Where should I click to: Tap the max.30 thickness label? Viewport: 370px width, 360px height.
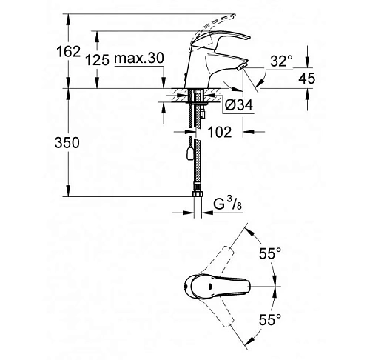(x=139, y=59)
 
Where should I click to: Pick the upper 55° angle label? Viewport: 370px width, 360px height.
(x=269, y=253)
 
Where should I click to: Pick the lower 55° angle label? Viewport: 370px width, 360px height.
(x=269, y=319)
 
